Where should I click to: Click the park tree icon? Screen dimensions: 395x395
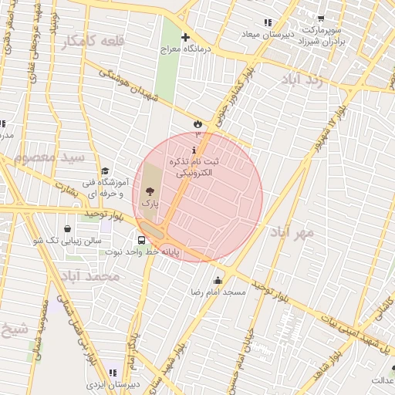pyautogui.click(x=149, y=189)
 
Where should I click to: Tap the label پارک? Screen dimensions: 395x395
pyautogui.click(x=150, y=202)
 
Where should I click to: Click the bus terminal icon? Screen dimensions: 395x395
pyautogui.click(x=140, y=240)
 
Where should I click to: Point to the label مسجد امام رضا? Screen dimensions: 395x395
pyautogui.click(x=218, y=292)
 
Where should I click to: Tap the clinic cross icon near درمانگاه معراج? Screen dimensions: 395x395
pyautogui.click(x=185, y=37)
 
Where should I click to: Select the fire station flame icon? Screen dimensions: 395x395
pyautogui.click(x=199, y=123)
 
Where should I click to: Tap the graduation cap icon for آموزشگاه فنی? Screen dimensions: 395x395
pyautogui.click(x=105, y=171)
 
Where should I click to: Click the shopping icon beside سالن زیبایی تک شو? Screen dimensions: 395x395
pyautogui.click(x=69, y=228)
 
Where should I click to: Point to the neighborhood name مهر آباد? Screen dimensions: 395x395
pyautogui.click(x=292, y=231)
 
